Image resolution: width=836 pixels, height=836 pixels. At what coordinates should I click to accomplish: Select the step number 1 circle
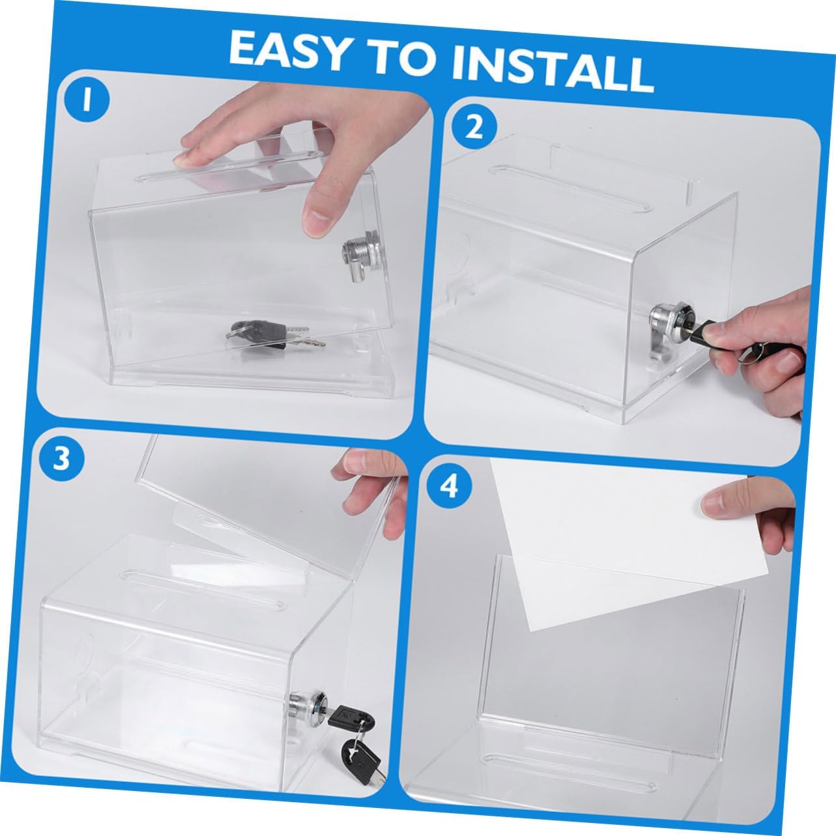[85, 102]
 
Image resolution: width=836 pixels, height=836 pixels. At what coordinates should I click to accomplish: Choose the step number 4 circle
[450, 488]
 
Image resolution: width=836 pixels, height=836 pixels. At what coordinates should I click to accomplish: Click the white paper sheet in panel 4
[586, 541]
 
